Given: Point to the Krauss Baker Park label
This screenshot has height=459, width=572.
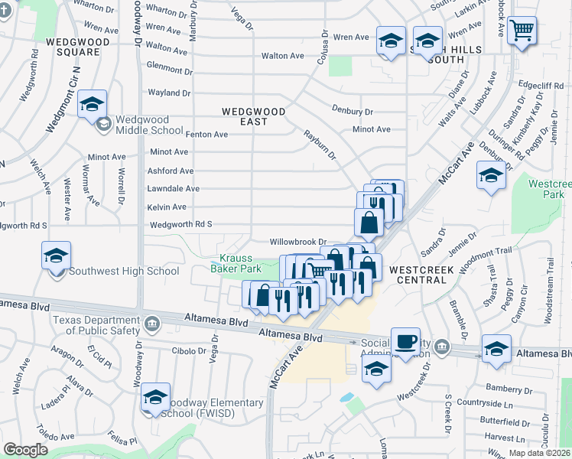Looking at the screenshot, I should [236, 262].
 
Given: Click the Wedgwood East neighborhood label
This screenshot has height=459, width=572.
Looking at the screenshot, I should [254, 116].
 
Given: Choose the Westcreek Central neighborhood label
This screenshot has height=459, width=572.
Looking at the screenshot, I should [418, 275].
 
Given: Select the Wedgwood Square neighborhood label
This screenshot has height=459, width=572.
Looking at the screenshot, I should [73, 47].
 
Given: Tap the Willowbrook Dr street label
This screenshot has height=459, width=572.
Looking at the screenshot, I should [298, 242].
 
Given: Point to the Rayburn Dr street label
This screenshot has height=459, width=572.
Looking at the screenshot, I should [321, 145].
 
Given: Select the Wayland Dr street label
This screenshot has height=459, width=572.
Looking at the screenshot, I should [169, 93].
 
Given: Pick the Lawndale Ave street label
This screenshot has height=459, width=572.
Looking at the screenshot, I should [174, 189].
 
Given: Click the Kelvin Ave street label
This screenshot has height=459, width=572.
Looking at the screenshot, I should [167, 207].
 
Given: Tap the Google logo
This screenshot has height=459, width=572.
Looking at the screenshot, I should [25, 451].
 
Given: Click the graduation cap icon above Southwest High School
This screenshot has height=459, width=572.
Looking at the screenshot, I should [57, 256].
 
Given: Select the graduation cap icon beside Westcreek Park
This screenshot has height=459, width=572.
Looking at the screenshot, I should [491, 176].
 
